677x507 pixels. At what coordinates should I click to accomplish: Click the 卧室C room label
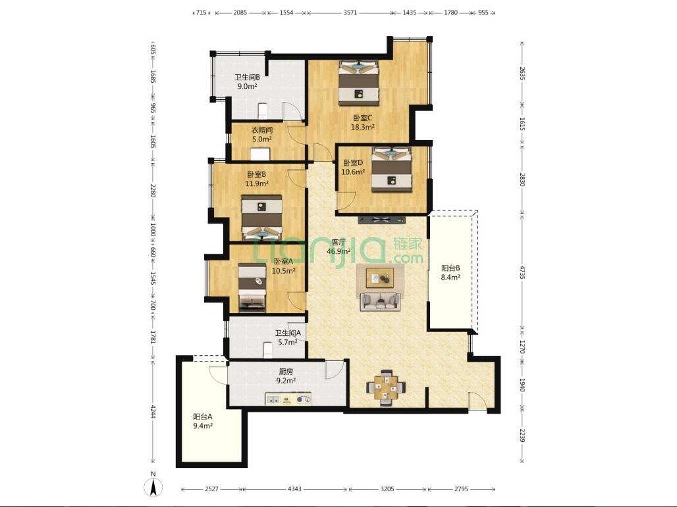pos(363,118)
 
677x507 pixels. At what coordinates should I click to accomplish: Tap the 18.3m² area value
pos(363,127)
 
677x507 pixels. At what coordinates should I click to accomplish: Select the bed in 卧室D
pos(392,170)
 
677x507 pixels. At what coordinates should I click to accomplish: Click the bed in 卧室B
pos(261,217)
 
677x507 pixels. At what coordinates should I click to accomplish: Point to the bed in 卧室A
pos(252,288)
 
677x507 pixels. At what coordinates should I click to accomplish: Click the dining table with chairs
pos(386,387)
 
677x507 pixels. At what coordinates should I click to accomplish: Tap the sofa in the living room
pos(381,301)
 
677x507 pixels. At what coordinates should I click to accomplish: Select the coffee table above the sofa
pos(380,278)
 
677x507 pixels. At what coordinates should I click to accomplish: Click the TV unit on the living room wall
pos(382,220)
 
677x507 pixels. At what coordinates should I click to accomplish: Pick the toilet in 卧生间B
pos(263,110)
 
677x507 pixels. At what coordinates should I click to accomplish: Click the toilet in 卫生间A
pos(267,350)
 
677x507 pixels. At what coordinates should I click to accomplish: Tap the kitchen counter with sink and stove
pos(288,399)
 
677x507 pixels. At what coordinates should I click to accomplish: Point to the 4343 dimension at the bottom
pos(294,489)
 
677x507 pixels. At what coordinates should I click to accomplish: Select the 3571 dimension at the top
pos(350,12)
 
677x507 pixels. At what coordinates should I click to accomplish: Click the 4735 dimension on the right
pos(522,274)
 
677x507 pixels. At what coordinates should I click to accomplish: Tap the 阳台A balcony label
pos(202,417)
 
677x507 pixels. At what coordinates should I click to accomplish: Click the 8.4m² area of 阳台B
pos(450,278)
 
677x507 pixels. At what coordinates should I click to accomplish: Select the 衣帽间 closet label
pos(262,130)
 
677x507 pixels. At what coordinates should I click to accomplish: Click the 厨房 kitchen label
pos(286,371)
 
